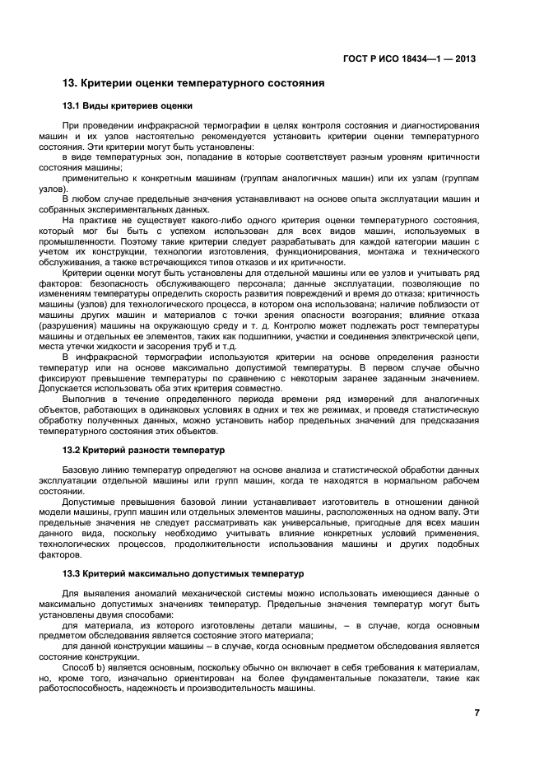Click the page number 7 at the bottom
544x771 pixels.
coord(477,713)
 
